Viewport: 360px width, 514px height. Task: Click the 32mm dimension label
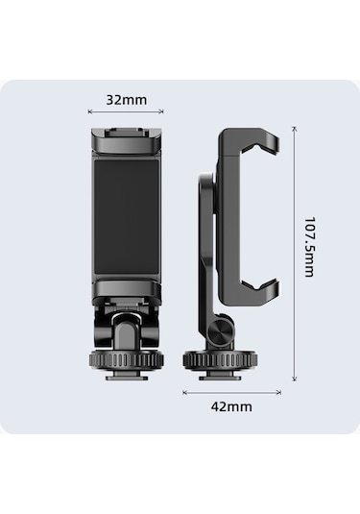tap(127, 100)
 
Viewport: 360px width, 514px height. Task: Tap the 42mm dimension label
tap(231, 406)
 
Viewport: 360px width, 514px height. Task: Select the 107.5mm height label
tap(309, 247)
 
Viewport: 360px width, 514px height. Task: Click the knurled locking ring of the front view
tap(127, 360)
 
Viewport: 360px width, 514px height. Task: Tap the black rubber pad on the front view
tap(127, 217)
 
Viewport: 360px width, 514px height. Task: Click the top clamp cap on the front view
tap(127, 140)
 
